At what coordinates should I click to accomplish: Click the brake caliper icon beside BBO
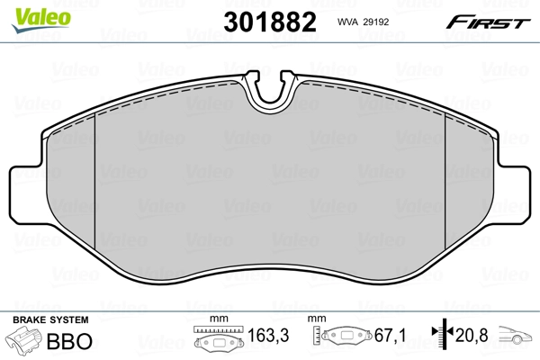25,342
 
